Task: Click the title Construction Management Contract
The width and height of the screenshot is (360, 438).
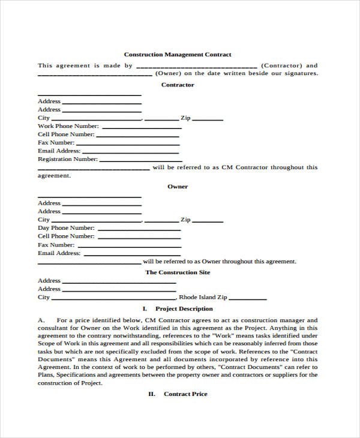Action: click(177, 55)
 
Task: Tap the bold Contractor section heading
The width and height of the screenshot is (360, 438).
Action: click(178, 85)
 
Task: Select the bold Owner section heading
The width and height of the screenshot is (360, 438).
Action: click(178, 187)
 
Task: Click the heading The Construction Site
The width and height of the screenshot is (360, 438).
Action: click(178, 272)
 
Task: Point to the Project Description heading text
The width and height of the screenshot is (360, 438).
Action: click(184, 308)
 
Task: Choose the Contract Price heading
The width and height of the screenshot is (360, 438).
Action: click(185, 394)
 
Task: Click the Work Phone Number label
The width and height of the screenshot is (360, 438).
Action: click(68, 126)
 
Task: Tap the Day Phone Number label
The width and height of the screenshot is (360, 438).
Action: click(66, 228)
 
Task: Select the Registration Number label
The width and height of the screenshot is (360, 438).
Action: click(67, 159)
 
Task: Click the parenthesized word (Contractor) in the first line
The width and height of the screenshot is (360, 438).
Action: click(282, 65)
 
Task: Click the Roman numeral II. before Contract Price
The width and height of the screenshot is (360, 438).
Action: click(152, 394)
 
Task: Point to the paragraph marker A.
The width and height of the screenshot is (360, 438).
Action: click(41, 320)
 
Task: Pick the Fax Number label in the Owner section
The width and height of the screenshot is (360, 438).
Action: click(56, 245)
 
